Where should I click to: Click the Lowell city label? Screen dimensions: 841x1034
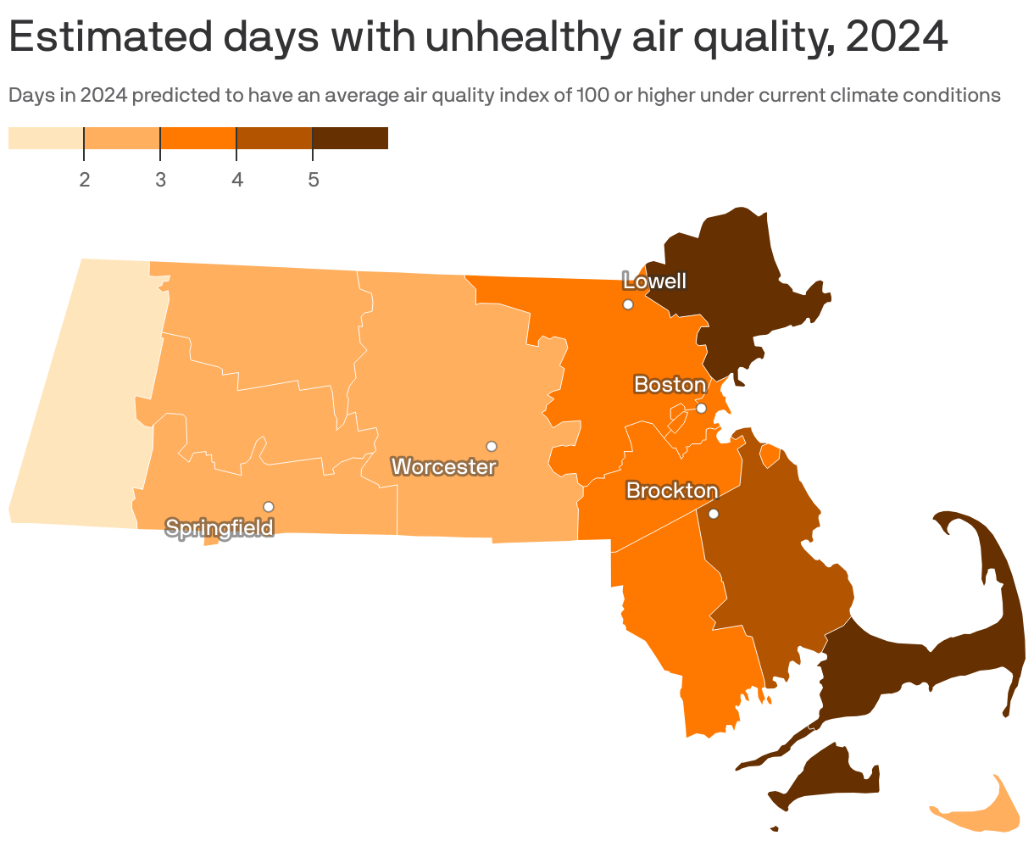coord(654,281)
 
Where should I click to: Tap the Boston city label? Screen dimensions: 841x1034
coord(670,385)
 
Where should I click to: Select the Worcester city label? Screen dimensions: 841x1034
coord(444,466)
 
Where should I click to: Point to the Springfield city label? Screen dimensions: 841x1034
coord(220,528)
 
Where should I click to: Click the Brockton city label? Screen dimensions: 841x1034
coord(672,491)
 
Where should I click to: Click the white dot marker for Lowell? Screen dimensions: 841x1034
coord(628,304)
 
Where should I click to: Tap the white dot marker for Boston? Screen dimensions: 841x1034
coord(701,408)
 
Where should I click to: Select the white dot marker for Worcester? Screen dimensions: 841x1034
coord(491,446)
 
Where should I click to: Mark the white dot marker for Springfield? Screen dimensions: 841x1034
coord(269,506)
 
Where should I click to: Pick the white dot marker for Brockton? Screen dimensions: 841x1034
coord(713,514)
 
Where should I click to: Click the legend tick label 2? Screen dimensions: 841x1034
coord(85,180)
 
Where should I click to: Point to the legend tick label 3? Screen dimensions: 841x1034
coord(160,180)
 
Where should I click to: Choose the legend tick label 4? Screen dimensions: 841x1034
coord(237,180)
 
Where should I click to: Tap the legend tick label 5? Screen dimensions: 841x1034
coord(313,180)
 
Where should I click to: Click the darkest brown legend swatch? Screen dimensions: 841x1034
coord(350,138)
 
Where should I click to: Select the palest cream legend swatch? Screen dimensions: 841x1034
coord(46,138)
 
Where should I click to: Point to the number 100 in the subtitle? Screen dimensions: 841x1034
coord(592,95)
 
